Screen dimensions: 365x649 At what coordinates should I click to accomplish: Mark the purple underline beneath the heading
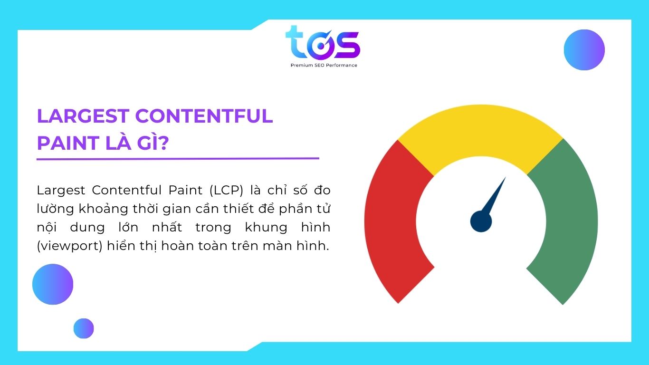pyautogui.click(x=178, y=159)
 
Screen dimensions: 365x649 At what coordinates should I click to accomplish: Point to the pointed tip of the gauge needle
pyautogui.click(x=505, y=179)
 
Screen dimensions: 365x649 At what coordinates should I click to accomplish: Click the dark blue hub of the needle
pyautogui.click(x=481, y=221)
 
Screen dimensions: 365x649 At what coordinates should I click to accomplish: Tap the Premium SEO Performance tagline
pyautogui.click(x=324, y=65)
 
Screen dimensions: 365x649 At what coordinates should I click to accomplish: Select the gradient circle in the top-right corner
pyautogui.click(x=584, y=50)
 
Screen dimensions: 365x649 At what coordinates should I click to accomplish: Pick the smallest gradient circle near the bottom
pyautogui.click(x=84, y=328)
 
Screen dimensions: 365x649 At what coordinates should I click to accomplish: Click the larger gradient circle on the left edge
pyautogui.click(x=53, y=284)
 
